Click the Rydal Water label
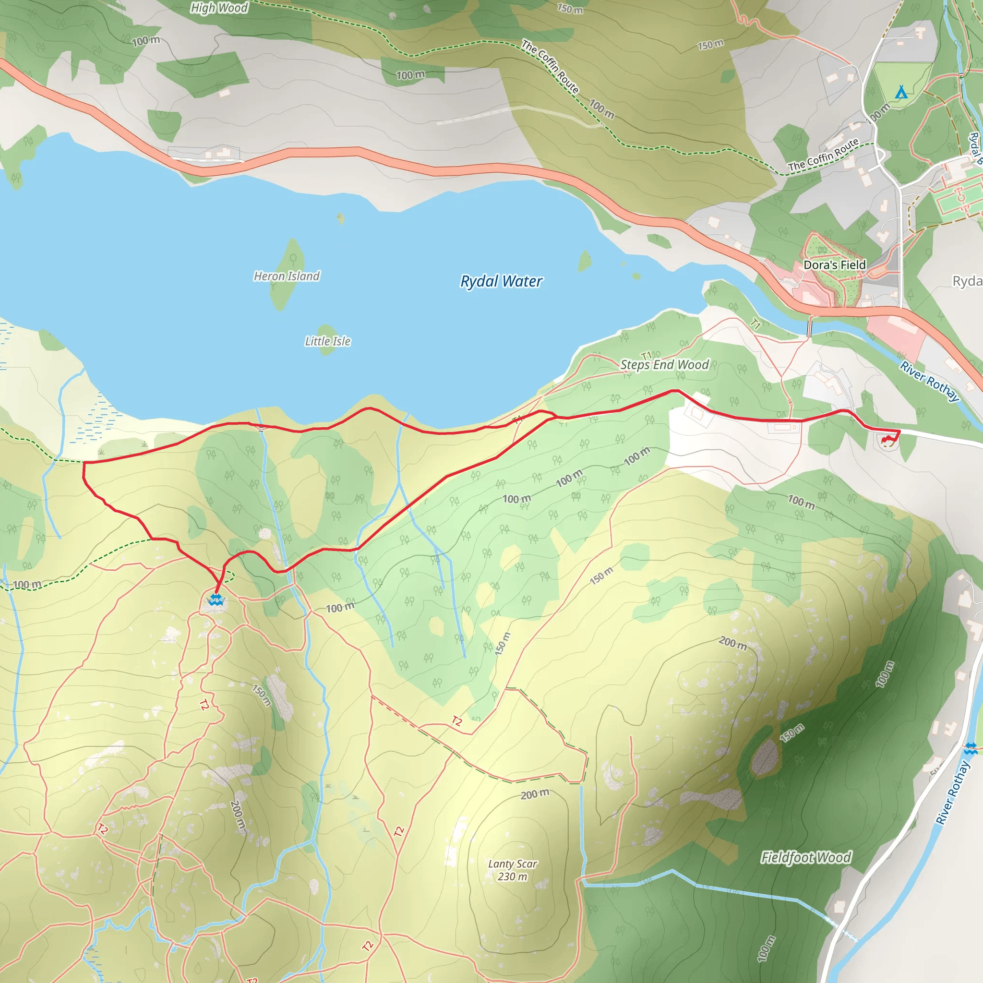click(x=501, y=281)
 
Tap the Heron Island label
click(x=287, y=276)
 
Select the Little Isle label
click(x=328, y=341)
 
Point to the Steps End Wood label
click(x=664, y=365)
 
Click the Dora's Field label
click(x=834, y=265)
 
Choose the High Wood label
click(x=219, y=8)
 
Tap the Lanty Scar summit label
click(x=512, y=864)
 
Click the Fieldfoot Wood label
click(x=806, y=858)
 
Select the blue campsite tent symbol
click(x=901, y=92)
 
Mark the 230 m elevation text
click(x=512, y=876)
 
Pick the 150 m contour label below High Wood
click(x=570, y=9)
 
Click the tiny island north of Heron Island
click(x=340, y=219)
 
